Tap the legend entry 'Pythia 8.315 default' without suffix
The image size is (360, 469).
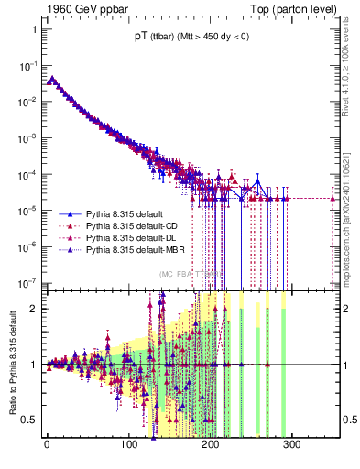click(128, 213)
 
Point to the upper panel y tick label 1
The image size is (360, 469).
click(32, 29)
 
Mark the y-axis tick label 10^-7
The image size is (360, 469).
click(27, 282)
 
